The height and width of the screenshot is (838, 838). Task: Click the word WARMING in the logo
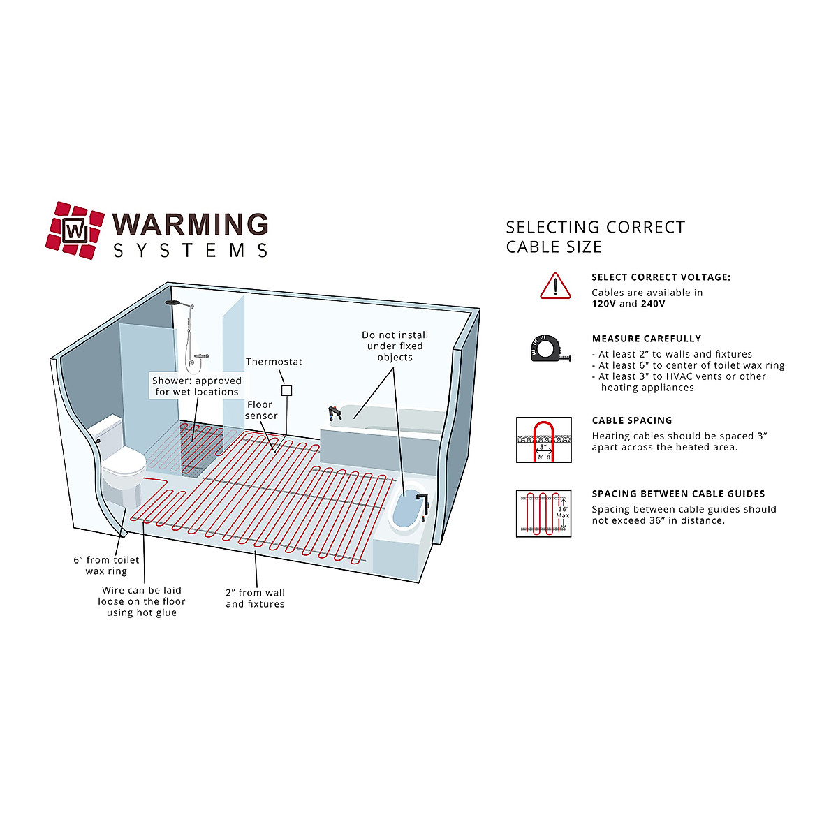click(x=191, y=225)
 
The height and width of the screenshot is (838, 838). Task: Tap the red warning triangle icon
click(x=555, y=286)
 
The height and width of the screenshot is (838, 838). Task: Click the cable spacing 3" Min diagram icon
click(x=543, y=440)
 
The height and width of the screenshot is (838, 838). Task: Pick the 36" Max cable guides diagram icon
click(x=543, y=513)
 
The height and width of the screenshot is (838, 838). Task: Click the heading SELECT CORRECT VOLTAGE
click(x=661, y=277)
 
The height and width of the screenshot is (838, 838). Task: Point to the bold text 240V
click(x=652, y=304)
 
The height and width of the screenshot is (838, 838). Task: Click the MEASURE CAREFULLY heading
click(x=646, y=339)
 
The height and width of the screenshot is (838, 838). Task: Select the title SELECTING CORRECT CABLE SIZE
click(x=595, y=237)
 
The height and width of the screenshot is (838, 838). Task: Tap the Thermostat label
click(x=274, y=362)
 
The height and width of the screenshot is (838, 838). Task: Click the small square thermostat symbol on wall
click(x=286, y=390)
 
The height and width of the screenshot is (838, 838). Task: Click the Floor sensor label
click(x=261, y=410)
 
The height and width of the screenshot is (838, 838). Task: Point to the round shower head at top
click(x=173, y=303)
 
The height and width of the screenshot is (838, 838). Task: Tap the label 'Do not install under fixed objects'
click(x=395, y=346)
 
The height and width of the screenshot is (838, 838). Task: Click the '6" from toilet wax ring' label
click(x=106, y=566)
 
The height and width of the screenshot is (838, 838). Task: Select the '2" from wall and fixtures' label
click(x=255, y=598)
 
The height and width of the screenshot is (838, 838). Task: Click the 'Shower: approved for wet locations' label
click(x=196, y=386)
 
